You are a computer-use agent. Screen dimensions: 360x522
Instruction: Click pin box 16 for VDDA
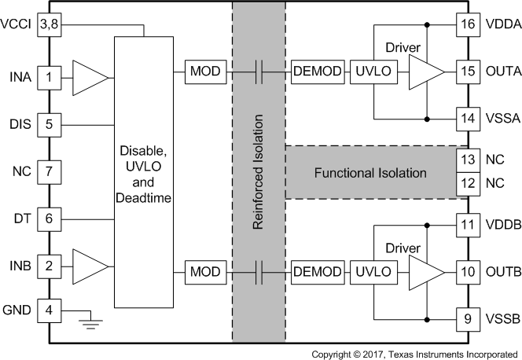point(469,25)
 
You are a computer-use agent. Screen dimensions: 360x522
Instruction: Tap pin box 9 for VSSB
point(469,321)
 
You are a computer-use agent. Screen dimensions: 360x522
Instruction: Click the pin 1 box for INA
point(49,77)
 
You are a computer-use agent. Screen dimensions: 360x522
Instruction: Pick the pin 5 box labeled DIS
point(49,124)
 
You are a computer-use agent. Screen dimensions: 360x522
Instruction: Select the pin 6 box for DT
point(49,219)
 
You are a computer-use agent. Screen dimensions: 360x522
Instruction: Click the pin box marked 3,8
point(49,25)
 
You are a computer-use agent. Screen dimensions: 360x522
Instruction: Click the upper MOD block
point(205,72)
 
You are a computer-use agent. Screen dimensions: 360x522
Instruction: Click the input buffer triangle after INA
point(89,77)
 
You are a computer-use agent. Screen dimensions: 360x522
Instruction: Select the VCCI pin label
point(17,25)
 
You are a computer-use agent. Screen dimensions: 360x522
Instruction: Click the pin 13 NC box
point(469,160)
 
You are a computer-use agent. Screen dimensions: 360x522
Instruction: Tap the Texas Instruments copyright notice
point(414,354)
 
